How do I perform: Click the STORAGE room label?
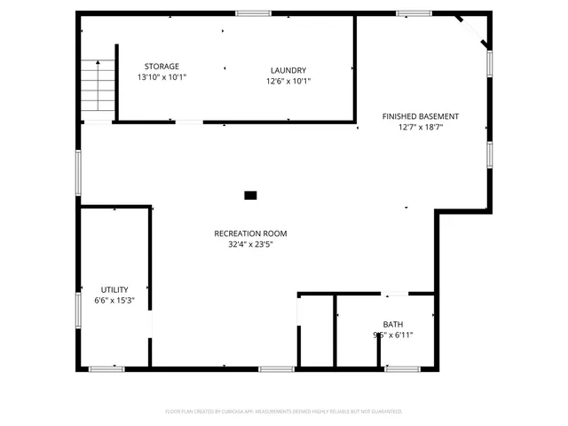[162, 67]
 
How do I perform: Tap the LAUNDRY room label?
[288, 70]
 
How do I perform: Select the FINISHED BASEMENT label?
[421, 116]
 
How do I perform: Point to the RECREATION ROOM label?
[250, 233]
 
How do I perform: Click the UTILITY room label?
[114, 289]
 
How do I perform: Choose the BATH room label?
[392, 324]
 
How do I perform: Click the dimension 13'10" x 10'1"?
[162, 78]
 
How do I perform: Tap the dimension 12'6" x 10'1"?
[288, 82]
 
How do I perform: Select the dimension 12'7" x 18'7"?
[421, 128]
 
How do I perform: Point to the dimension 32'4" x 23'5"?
[250, 245]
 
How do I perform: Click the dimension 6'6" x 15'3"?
[114, 301]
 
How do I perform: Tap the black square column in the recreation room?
[250, 194]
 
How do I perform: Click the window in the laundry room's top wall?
[253, 13]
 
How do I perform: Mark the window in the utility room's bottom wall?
[106, 368]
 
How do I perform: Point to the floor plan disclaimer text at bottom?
[284, 412]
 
